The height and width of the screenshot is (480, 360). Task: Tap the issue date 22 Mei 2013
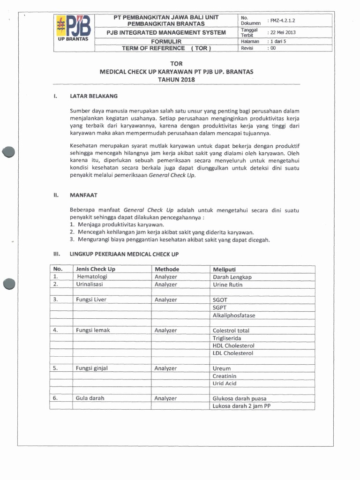click(x=282, y=32)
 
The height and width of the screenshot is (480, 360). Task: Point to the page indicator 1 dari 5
click(x=280, y=41)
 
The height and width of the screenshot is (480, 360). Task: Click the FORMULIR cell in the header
click(x=166, y=41)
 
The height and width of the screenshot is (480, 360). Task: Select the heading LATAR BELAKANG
click(x=93, y=96)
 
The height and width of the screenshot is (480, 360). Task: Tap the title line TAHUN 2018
click(x=176, y=80)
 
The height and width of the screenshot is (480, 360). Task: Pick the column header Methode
click(x=166, y=269)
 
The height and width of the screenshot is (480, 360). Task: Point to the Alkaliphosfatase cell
click(x=233, y=315)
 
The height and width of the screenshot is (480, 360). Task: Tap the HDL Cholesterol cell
click(x=233, y=345)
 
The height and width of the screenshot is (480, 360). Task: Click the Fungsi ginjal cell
click(x=91, y=368)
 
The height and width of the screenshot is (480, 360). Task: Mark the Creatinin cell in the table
click(x=225, y=376)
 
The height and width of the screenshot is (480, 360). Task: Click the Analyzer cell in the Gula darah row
click(x=165, y=398)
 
